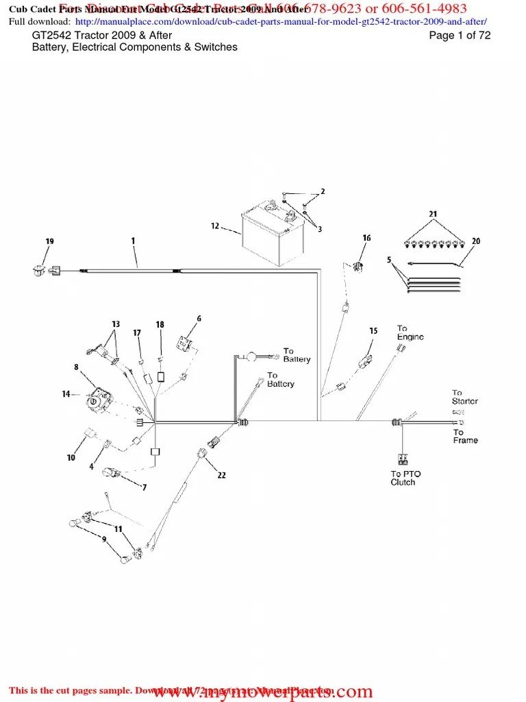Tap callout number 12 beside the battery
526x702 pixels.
coord(214,226)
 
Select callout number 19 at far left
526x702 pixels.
coord(49,241)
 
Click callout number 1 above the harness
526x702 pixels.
coord(133,241)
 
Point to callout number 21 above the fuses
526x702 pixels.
coord(433,215)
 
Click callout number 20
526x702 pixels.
coord(476,241)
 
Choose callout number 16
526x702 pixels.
coord(366,238)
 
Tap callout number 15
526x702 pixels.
coord(373,331)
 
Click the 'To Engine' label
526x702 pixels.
coord(410,332)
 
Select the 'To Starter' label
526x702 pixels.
coord(465,397)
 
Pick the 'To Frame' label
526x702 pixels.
coord(465,436)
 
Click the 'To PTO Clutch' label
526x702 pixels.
coord(406,478)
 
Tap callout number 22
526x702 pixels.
coord(221,474)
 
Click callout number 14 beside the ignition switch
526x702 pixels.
coord(66,394)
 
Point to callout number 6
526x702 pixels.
coord(199,318)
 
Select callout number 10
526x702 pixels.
coord(71,457)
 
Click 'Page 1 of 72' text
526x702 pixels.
coord(460,36)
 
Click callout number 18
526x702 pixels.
coord(160,324)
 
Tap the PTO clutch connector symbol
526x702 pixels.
coord(401,460)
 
